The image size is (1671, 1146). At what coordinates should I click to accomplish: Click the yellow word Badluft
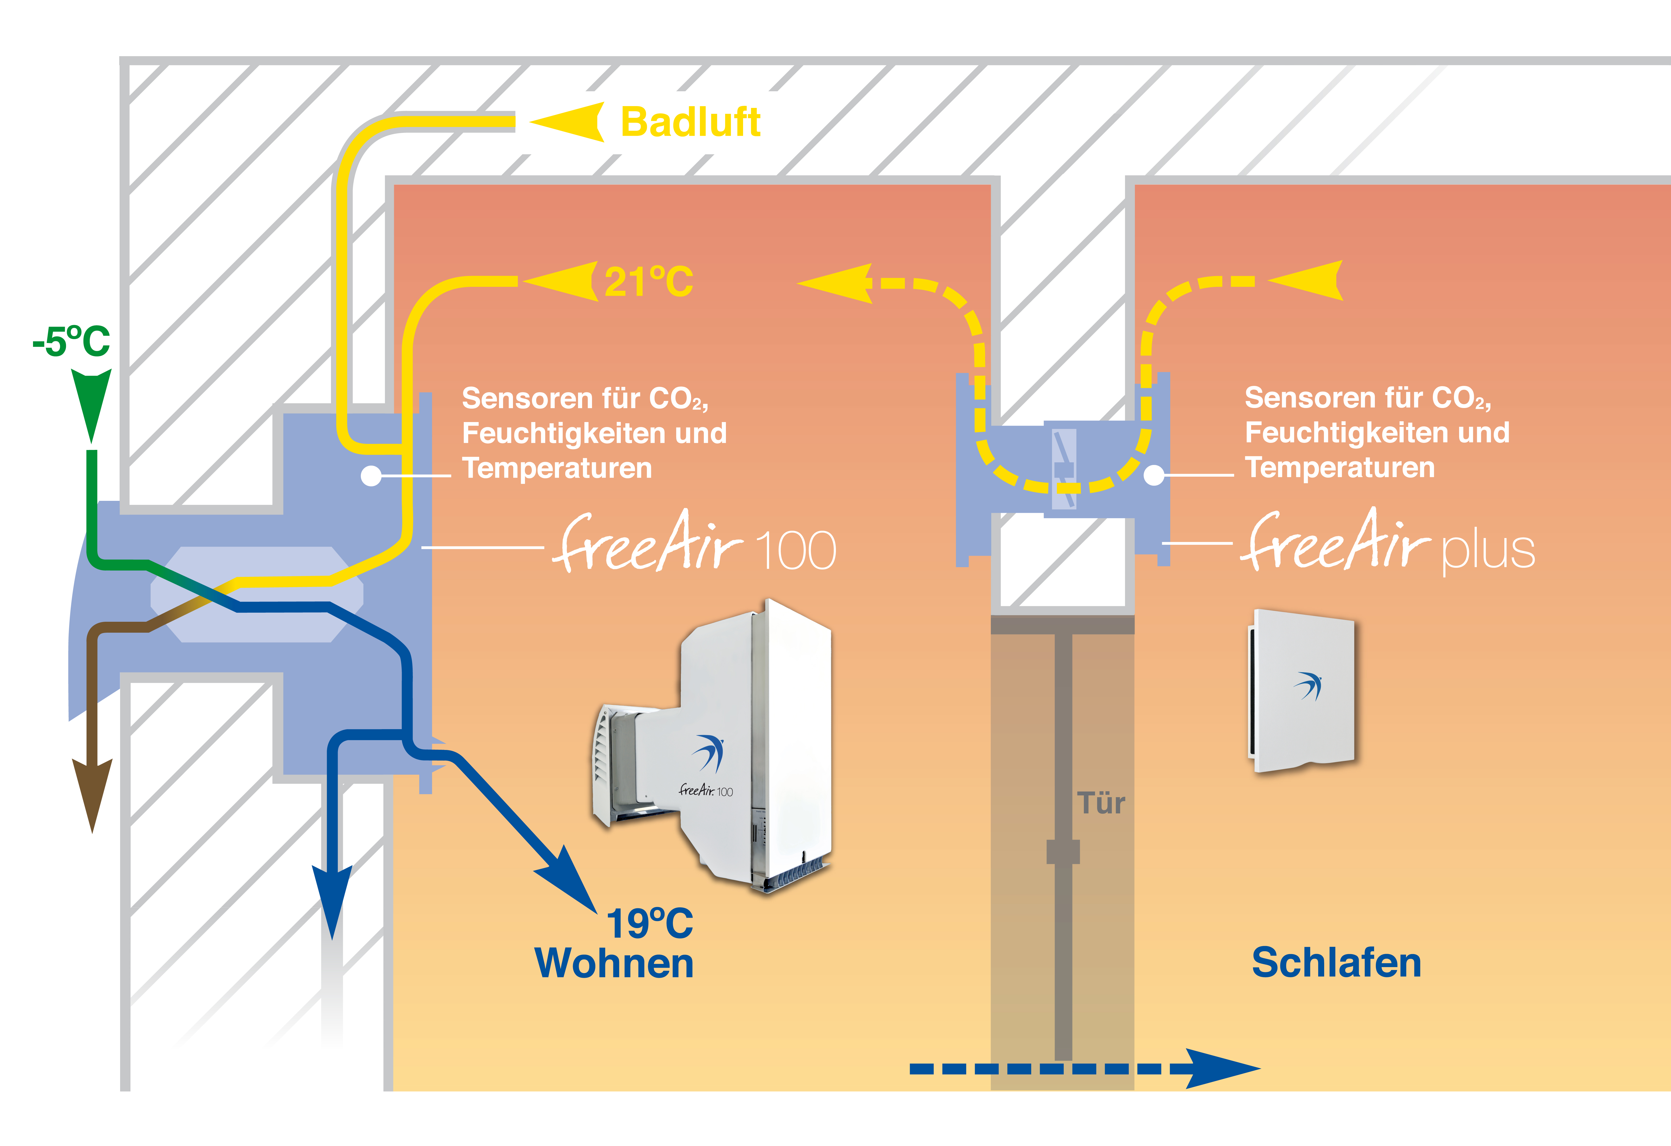[x=690, y=122]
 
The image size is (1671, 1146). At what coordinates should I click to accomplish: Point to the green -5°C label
[x=71, y=341]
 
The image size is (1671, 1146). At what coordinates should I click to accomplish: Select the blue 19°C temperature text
[x=649, y=924]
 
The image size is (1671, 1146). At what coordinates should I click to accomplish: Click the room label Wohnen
[x=614, y=963]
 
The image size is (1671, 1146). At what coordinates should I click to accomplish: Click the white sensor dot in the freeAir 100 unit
[x=371, y=476]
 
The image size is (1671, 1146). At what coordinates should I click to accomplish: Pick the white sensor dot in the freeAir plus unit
[x=1153, y=475]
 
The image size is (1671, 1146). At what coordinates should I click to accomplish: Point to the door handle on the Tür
[x=1063, y=852]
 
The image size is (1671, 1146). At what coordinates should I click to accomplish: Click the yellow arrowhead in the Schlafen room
[x=1309, y=280]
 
